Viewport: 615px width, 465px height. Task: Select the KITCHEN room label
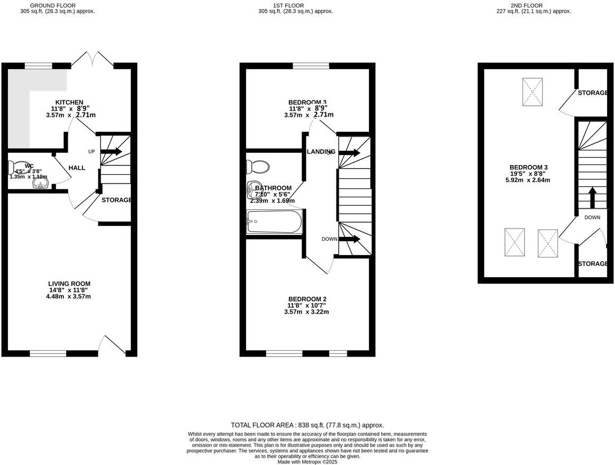69,102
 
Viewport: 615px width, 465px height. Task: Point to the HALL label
77,168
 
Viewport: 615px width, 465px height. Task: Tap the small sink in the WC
41,184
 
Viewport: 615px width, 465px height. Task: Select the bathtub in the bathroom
274,222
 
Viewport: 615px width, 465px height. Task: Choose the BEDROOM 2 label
306,299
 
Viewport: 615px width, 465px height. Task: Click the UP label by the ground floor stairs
91,152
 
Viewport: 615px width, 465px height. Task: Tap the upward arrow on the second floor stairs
592,197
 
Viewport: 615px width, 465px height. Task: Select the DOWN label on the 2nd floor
592,217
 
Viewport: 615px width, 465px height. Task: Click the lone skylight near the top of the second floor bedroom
532,92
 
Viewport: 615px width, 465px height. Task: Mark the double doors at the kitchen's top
93,60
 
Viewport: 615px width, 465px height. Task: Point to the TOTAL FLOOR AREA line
307,425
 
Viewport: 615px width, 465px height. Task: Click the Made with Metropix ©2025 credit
307,462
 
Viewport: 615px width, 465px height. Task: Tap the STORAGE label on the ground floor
116,200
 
